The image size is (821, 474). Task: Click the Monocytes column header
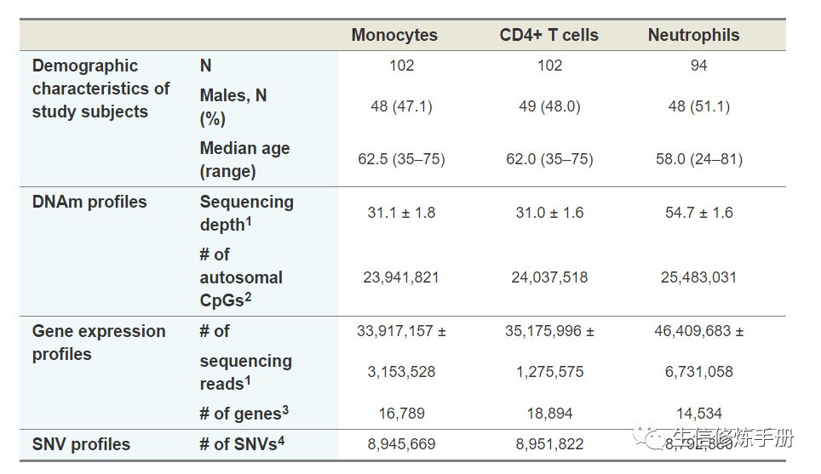click(394, 35)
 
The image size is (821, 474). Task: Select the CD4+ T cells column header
click(548, 35)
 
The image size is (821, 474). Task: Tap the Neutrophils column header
click(693, 35)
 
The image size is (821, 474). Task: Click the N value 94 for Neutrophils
click(698, 66)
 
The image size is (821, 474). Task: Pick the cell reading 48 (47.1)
click(401, 106)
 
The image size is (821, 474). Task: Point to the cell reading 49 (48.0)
click(549, 106)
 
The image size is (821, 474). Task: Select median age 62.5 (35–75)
click(401, 159)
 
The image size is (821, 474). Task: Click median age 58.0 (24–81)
click(698, 159)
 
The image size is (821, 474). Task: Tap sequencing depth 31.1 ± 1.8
click(401, 212)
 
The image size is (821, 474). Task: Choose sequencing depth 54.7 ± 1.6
click(698, 212)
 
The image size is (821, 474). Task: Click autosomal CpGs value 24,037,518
click(549, 277)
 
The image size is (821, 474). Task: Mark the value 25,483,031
click(698, 277)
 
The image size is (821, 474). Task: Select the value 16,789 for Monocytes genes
click(401, 414)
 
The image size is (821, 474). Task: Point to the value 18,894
click(549, 414)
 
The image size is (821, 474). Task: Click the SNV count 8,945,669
click(401, 444)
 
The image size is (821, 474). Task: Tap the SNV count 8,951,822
click(549, 444)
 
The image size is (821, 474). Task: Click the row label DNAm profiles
click(89, 202)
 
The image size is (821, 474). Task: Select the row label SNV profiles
click(81, 444)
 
